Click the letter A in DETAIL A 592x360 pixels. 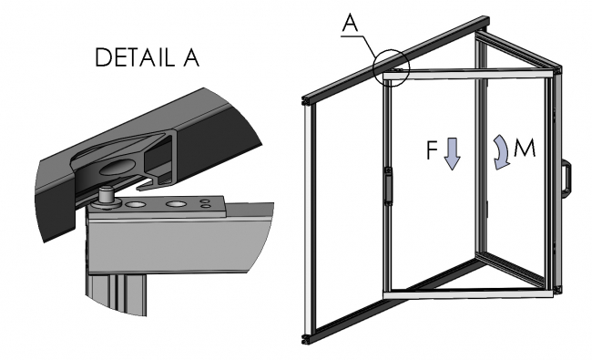[189, 60]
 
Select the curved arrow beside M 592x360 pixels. [501, 151]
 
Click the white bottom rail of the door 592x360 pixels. [469, 295]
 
